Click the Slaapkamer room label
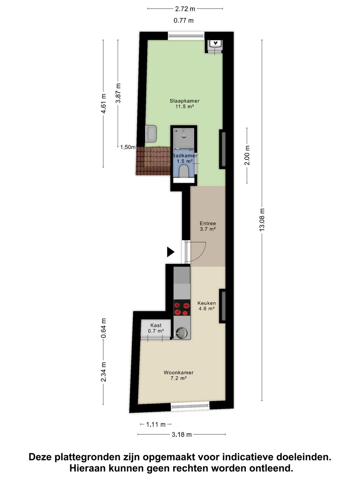[x=184, y=104]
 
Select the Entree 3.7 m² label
[x=208, y=226]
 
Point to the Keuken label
[x=206, y=306]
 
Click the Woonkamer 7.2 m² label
[x=178, y=375]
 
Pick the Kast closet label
[x=156, y=328]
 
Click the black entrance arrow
[x=170, y=252]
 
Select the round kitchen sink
[x=182, y=333]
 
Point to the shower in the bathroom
[x=183, y=138]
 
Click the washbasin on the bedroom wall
[x=151, y=134]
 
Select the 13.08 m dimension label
[x=262, y=220]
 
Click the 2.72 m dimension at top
[x=185, y=9]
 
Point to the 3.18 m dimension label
[x=182, y=434]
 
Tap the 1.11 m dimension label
[x=156, y=424]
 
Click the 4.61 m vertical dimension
[x=103, y=104]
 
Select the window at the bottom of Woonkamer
[x=190, y=406]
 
